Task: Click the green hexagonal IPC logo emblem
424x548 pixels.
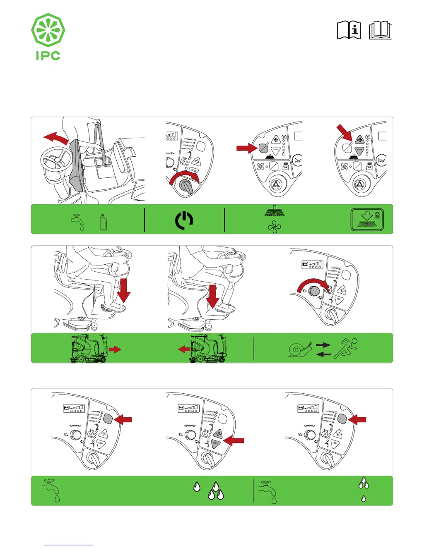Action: click(x=48, y=30)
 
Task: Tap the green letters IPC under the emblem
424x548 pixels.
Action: click(x=48, y=56)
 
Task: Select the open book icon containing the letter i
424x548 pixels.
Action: click(x=349, y=30)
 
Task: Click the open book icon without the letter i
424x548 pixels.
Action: click(x=381, y=30)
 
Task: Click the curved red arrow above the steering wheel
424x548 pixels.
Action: click(x=56, y=138)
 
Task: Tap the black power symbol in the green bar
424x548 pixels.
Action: click(x=184, y=220)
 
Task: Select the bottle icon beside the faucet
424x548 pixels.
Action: click(x=104, y=222)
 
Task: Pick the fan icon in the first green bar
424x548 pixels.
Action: click(x=274, y=227)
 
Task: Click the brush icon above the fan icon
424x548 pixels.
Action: click(x=275, y=211)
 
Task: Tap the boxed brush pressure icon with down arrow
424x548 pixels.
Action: click(x=367, y=220)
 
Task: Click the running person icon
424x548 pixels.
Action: click(x=346, y=348)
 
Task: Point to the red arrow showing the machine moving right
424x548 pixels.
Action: click(x=115, y=349)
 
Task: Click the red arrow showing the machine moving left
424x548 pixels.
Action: click(x=184, y=349)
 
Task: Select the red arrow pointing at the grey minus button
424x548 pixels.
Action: click(x=234, y=441)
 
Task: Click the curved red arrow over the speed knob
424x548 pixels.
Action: click(x=313, y=283)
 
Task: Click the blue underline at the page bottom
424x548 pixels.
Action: click(x=68, y=545)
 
